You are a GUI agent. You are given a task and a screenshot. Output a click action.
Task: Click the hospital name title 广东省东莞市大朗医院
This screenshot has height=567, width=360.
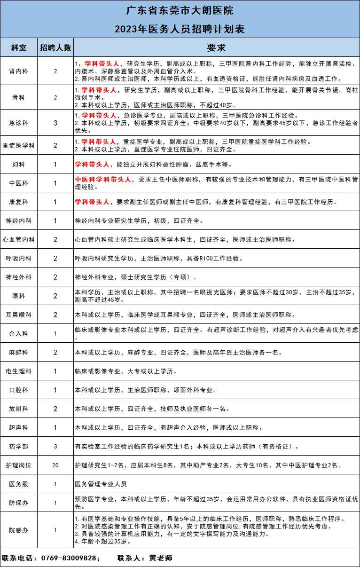tap(180, 9)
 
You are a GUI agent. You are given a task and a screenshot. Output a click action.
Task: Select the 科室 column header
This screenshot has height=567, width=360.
tap(19, 48)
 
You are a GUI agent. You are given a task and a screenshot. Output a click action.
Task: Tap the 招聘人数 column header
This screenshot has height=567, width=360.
tap(55, 48)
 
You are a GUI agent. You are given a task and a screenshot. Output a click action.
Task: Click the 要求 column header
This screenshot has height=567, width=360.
tap(216, 48)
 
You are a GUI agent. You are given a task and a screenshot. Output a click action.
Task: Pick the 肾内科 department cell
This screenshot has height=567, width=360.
tap(19, 71)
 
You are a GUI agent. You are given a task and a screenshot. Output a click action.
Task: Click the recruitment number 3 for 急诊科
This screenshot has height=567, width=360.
tap(55, 123)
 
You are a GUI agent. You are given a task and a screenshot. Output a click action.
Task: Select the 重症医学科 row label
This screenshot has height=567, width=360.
tap(19, 145)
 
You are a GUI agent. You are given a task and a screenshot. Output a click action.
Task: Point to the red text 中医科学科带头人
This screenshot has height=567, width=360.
tap(103, 179)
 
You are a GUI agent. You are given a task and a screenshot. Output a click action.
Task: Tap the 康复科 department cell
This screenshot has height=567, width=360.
tap(19, 202)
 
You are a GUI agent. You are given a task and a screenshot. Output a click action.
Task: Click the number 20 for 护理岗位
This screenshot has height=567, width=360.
tap(55, 465)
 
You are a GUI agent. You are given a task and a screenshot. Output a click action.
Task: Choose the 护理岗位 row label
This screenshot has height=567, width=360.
tap(19, 465)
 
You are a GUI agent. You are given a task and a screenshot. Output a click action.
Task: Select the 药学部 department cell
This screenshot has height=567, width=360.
tap(19, 446)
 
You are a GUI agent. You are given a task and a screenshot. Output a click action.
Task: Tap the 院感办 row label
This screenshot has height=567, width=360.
tap(19, 530)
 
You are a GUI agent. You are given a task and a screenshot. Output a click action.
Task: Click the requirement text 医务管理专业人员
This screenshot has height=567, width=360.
tap(101, 484)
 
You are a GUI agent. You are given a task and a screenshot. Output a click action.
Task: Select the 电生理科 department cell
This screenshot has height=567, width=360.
tap(19, 371)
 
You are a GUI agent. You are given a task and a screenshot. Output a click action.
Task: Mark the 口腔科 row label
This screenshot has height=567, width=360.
tap(19, 390)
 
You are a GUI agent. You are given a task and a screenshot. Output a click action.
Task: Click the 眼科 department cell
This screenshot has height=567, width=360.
tap(19, 296)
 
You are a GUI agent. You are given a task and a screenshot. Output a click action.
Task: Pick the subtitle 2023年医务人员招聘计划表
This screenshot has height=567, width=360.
tap(180, 29)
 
